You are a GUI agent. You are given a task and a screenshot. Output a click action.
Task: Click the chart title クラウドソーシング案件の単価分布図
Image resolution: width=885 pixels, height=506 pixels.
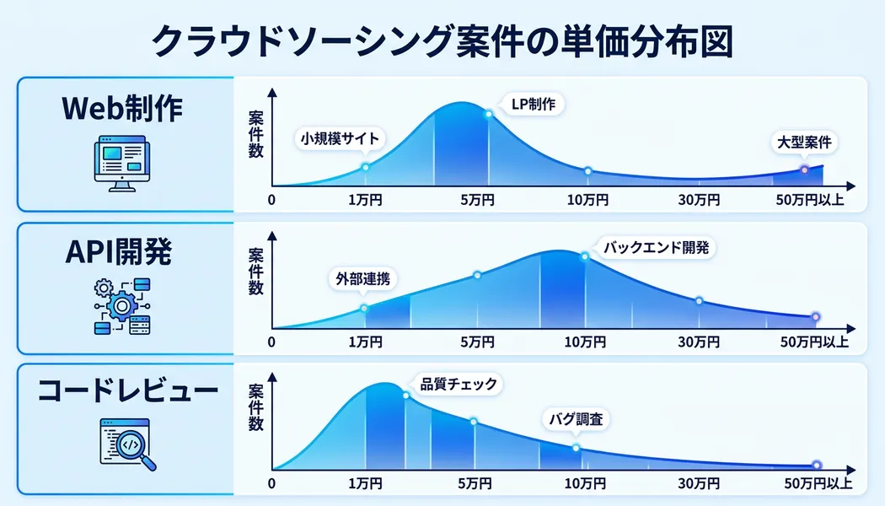click(442, 40)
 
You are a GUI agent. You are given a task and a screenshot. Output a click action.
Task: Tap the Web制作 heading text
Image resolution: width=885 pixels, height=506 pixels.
click(123, 109)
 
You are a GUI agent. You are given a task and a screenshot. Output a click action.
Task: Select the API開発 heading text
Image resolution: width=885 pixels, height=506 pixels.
click(123, 251)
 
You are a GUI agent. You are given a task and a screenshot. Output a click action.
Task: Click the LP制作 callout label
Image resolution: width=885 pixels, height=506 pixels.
click(533, 105)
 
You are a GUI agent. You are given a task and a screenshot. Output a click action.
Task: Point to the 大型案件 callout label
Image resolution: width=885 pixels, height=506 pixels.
click(803, 143)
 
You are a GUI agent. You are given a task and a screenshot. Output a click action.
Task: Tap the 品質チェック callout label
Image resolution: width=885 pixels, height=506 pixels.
click(459, 385)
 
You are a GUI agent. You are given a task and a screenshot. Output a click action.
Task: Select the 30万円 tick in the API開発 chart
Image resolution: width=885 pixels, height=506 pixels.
click(700, 342)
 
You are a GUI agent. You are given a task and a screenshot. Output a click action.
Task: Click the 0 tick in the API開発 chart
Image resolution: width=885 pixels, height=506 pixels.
click(271, 342)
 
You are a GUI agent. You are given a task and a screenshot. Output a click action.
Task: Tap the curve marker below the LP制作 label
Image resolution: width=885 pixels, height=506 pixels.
click(488, 114)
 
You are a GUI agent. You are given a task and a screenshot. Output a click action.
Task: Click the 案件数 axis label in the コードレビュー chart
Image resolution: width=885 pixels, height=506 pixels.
click(255, 407)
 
